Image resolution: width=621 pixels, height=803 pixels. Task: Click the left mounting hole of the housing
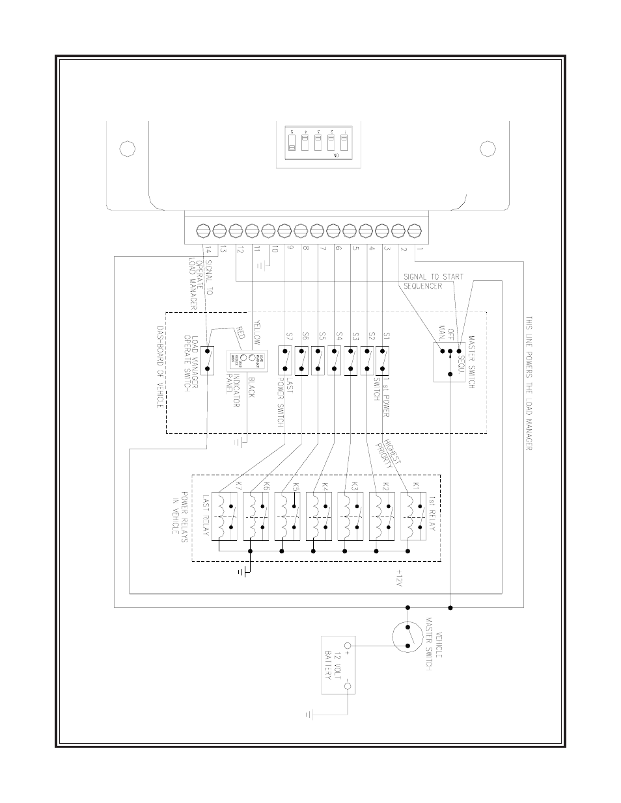click(128, 149)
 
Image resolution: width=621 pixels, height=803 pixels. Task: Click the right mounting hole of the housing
click(488, 149)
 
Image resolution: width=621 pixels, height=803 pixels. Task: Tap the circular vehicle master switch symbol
click(409, 637)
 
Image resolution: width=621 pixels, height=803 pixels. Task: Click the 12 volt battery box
click(338, 673)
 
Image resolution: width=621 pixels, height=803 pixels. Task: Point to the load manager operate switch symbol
click(208, 360)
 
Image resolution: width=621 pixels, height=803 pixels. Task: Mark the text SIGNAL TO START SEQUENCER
click(433, 280)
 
